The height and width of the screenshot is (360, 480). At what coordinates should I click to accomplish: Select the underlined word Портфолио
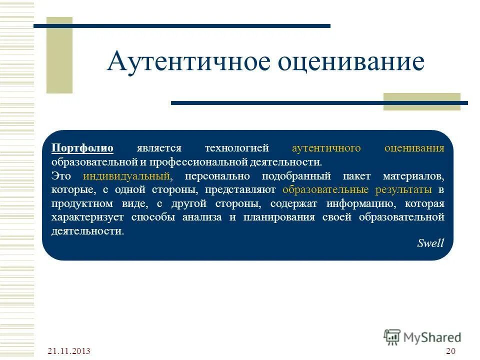[82, 148]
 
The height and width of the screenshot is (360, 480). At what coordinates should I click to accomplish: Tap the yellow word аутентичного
[326, 148]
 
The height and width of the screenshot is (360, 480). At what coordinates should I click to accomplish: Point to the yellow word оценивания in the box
[414, 148]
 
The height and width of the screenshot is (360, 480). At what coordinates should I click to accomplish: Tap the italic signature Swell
[430, 243]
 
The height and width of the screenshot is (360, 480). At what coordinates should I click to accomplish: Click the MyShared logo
[422, 337]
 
